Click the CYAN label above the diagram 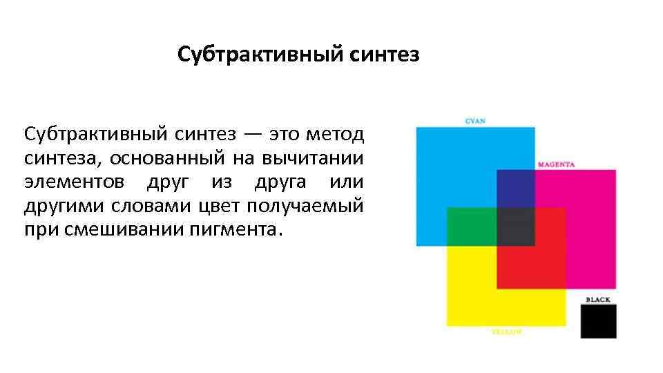pyautogui.click(x=474, y=121)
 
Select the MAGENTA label pyautogui.click(x=557, y=164)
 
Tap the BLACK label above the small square pyautogui.click(x=598, y=299)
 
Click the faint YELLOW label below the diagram pyautogui.click(x=506, y=332)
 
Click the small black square pyautogui.click(x=598, y=321)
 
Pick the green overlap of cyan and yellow pyautogui.click(x=472, y=226)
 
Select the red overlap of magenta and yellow pyautogui.click(x=530, y=266)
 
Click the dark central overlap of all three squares pyautogui.click(x=515, y=226)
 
